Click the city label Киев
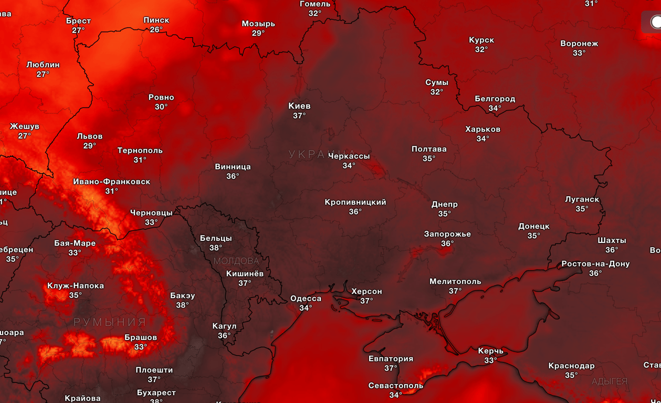point(299,106)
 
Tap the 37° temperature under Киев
point(299,116)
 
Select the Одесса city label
point(306,299)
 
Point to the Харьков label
point(482,129)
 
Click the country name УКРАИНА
point(315,154)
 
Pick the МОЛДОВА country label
point(236,261)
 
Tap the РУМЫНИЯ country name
point(110,322)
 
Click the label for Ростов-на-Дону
point(595,264)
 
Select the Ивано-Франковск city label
point(111,182)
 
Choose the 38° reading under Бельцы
point(216,248)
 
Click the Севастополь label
point(395,386)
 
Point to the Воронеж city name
point(579,44)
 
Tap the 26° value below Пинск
point(156,30)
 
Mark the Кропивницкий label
point(355,202)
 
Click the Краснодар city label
point(571,366)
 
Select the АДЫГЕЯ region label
point(610,381)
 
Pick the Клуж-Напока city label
point(76,286)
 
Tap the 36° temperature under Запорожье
point(447,243)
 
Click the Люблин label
point(43,65)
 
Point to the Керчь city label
point(490,351)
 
